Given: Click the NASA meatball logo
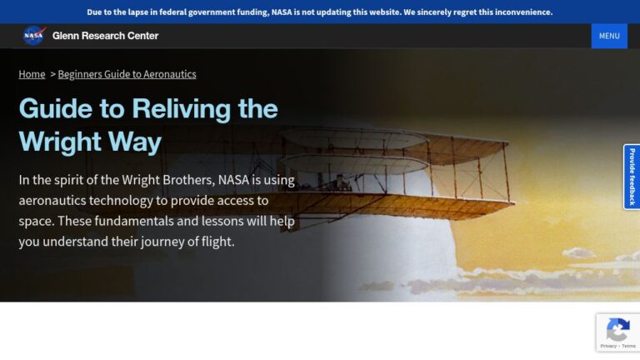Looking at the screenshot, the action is (x=34, y=36).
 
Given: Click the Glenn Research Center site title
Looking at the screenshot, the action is (x=105, y=36).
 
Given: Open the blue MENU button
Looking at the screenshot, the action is (x=609, y=36).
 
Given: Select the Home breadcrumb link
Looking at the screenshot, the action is (x=32, y=74).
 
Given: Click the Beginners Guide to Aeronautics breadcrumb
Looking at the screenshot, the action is (x=127, y=74).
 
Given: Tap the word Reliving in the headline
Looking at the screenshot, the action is (x=182, y=109).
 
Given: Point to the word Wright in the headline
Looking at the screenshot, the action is (x=60, y=142).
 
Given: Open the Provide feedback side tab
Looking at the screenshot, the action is (x=632, y=177).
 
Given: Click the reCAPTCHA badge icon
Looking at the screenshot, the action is (x=618, y=329).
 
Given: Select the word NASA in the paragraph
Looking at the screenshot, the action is (x=233, y=180).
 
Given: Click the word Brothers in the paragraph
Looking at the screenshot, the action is (x=188, y=180).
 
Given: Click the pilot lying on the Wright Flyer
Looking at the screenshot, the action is (x=341, y=182).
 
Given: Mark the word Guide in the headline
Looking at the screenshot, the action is (x=56, y=109).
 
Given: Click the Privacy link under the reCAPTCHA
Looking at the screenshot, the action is (x=608, y=346).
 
